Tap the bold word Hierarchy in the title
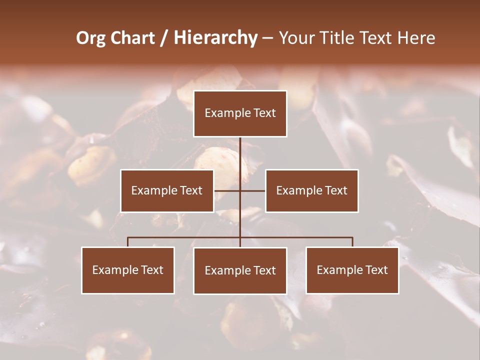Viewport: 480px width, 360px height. tap(215, 38)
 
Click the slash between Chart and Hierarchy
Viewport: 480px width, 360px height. tap(164, 38)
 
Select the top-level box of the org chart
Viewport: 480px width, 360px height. tap(240, 113)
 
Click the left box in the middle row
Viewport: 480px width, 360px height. tap(167, 190)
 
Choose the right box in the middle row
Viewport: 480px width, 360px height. tap(311, 190)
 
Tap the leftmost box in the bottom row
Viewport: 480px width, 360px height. tap(128, 270)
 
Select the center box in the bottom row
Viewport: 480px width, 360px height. tap(240, 270)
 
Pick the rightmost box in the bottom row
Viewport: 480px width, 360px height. tap(352, 270)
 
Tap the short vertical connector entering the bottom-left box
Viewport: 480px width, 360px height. tap(128, 242)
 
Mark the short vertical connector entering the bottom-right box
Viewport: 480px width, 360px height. tap(352, 242)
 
